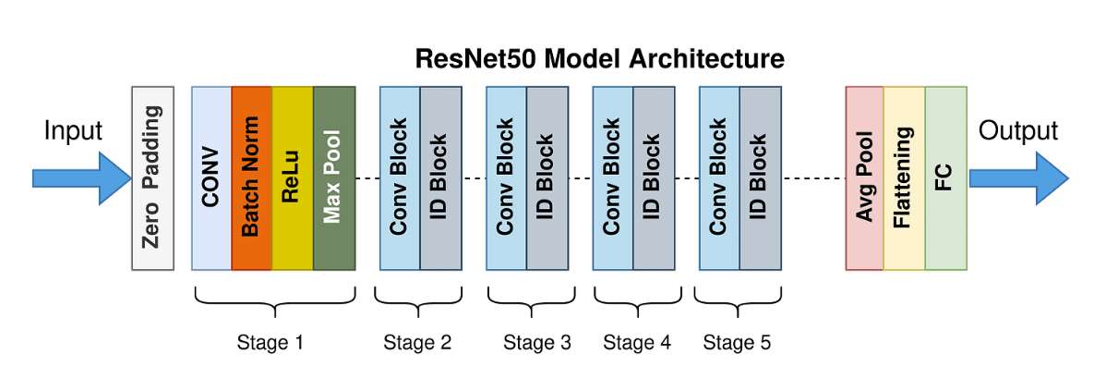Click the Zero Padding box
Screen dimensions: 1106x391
point(152,177)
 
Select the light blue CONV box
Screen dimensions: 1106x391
point(211,177)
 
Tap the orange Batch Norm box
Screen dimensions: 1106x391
point(252,177)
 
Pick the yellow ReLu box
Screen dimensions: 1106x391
point(293,177)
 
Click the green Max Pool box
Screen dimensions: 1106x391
point(334,177)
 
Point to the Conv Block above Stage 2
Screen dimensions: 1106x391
point(400,177)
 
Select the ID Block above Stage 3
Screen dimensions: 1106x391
point(547,177)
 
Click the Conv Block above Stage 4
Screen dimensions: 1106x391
point(613,177)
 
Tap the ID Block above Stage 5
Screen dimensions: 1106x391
point(761,177)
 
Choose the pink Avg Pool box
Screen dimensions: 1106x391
point(864,177)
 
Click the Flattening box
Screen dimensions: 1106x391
point(904,177)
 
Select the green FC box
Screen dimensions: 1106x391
point(946,177)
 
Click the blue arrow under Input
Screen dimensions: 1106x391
point(82,178)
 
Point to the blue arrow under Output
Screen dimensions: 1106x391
point(1019,178)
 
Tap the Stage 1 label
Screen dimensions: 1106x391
point(270,343)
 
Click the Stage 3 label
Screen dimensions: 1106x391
point(536,343)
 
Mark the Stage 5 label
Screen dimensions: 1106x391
point(737,343)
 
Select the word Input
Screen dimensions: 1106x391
point(73,131)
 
